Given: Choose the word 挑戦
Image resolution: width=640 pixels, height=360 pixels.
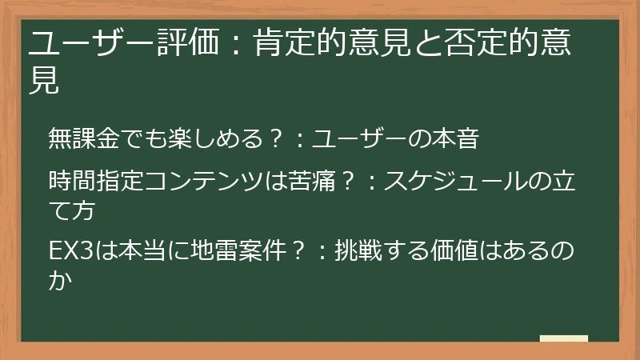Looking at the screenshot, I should click(x=350, y=250).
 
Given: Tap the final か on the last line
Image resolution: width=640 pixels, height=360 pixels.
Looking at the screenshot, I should click(x=59, y=279).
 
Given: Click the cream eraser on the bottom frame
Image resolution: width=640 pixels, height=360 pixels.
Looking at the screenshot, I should click(x=564, y=338).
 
